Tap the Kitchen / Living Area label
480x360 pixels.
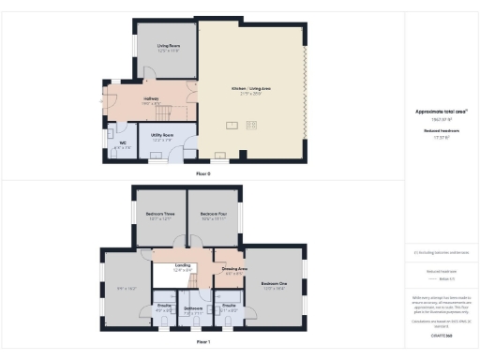pos(251,89)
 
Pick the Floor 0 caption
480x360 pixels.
pos(203,174)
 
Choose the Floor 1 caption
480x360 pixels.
pos(203,343)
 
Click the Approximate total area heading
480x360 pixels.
pos(441,112)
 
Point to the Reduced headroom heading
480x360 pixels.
pos(441,132)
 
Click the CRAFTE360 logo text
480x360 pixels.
pos(441,333)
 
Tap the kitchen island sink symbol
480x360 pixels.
pos(232,124)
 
